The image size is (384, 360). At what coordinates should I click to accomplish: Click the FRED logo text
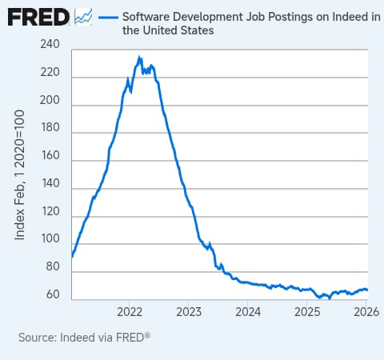tap(38, 17)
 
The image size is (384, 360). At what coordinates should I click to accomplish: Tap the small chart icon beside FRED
tap(83, 17)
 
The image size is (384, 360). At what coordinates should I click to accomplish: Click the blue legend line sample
tap(108, 18)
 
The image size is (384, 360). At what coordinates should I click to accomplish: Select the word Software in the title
tap(146, 17)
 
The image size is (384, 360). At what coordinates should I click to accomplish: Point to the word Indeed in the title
tap(350, 17)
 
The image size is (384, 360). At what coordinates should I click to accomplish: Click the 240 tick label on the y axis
tap(50, 44)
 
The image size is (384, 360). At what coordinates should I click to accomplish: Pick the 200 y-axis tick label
tap(50, 100)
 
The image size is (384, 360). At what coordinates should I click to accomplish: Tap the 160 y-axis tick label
tap(50, 155)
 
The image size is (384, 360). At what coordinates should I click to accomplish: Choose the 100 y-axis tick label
tap(50, 238)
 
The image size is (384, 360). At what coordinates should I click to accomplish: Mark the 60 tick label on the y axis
tap(53, 294)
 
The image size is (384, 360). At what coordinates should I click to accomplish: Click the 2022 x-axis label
tap(130, 312)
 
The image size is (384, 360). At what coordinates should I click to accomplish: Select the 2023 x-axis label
tap(189, 312)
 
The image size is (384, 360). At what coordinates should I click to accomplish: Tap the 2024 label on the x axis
tap(248, 312)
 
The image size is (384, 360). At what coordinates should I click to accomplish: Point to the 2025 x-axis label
tap(307, 312)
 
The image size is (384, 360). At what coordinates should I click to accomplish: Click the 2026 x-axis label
tap(366, 312)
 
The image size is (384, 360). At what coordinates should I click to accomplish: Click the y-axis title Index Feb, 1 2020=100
tap(19, 175)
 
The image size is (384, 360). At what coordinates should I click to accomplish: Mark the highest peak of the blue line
tap(139, 57)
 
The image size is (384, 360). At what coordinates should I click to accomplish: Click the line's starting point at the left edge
tap(72, 257)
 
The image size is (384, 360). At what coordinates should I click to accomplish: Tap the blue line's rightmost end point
tap(367, 290)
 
